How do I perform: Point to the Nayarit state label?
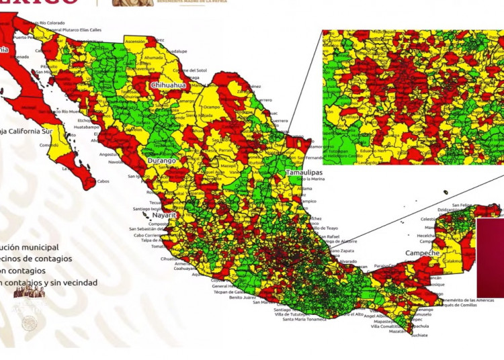(164, 215)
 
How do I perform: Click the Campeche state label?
(422, 253)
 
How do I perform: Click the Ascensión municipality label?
(135, 41)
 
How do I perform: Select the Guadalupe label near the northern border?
(177, 51)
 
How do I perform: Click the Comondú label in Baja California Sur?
(49, 145)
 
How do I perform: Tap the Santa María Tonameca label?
(305, 320)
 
